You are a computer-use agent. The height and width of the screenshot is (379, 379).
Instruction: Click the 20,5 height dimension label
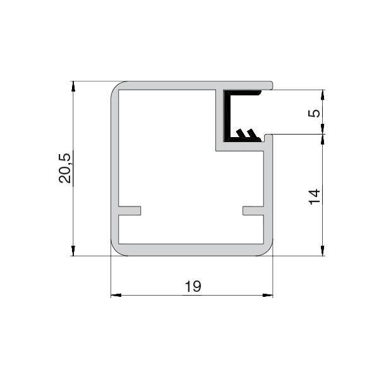point(65,168)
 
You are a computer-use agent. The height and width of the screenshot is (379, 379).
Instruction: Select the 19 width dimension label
point(193,286)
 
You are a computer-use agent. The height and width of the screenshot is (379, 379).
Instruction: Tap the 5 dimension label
point(314,113)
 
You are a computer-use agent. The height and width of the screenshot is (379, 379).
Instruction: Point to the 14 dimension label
point(314,196)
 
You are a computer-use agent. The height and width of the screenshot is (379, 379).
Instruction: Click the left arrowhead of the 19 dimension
point(116,295)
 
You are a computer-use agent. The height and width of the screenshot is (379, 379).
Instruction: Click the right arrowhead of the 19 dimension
point(268,295)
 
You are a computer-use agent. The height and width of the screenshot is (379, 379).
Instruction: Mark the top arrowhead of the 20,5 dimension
point(73,87)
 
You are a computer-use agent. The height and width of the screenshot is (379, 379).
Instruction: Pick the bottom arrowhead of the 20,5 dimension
point(73,251)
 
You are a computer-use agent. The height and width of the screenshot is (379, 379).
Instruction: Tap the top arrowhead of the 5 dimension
point(322,95)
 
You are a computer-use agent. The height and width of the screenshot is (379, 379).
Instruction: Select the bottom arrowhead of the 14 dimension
point(322,251)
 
